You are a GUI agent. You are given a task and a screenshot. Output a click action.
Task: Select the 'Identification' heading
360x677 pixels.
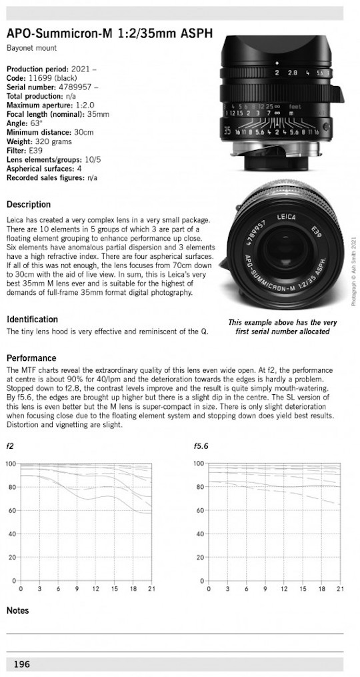pos(32,319)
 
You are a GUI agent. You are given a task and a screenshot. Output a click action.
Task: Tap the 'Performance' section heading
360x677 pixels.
pos(31,358)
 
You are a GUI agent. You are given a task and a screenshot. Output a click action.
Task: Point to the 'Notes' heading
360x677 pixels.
pos(17,610)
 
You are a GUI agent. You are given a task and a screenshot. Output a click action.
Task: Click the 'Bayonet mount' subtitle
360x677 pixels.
pos(31,48)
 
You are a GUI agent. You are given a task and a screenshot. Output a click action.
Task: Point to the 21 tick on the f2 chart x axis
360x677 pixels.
pos(152,590)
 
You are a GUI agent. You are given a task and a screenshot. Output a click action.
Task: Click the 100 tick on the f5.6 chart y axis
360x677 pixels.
pos(199,464)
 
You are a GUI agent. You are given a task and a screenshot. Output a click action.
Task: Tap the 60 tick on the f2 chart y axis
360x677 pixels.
pos(11,511)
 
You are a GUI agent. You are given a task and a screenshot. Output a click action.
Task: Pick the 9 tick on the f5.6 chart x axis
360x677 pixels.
pos(265,590)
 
